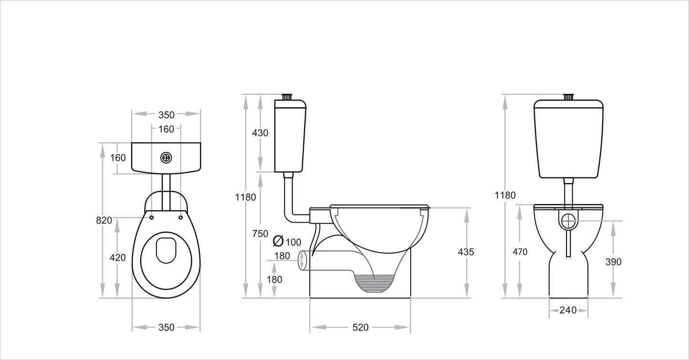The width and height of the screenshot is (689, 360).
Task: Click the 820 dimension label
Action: pyautogui.click(x=104, y=220)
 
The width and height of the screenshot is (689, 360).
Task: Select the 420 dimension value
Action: pyautogui.click(x=118, y=257)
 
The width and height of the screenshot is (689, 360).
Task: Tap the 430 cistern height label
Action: pyautogui.click(x=260, y=133)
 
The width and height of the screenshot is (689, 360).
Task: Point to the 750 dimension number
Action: pyautogui.click(x=260, y=234)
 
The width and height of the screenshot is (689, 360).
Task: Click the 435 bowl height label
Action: pyautogui.click(x=466, y=252)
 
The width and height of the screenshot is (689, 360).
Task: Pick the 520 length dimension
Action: pyautogui.click(x=360, y=327)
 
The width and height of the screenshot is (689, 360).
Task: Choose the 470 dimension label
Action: pyautogui.click(x=520, y=252)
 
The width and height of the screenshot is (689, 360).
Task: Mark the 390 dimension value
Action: pyautogui.click(x=613, y=262)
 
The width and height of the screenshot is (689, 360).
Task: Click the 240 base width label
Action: pyautogui.click(x=568, y=310)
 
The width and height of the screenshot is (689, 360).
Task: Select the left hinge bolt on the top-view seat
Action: pyautogui.click(x=152, y=217)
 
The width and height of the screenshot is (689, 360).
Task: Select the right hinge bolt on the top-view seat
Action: pyautogui.click(x=180, y=217)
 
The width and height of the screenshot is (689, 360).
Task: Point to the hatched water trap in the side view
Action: pyautogui.click(x=374, y=282)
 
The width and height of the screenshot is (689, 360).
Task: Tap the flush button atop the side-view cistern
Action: pyautogui.click(x=287, y=97)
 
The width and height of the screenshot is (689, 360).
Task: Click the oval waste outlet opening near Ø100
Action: pyautogui.click(x=301, y=261)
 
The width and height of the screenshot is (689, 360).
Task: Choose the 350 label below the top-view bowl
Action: pyautogui.click(x=166, y=327)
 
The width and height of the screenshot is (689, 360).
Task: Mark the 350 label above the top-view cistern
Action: pyautogui.click(x=166, y=114)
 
